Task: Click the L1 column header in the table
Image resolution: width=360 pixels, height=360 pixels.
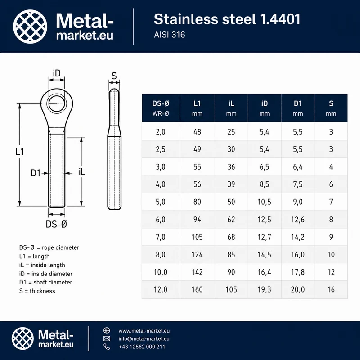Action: [x=197, y=108]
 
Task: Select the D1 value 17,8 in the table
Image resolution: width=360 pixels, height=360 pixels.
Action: [x=298, y=272]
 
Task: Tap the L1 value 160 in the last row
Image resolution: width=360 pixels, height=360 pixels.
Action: [x=197, y=289]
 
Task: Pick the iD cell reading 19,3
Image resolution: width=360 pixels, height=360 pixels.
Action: [x=264, y=289]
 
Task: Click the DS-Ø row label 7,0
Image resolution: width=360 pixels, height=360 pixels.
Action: [x=161, y=237]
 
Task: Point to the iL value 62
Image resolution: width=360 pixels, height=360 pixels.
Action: [x=231, y=220]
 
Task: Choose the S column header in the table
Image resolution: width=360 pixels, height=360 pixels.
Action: [x=331, y=108]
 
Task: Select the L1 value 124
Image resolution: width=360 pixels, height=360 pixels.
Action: [x=197, y=255]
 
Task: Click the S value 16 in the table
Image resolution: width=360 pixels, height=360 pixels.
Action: [x=331, y=289]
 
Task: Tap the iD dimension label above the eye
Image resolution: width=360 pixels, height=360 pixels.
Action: [x=57, y=73]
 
